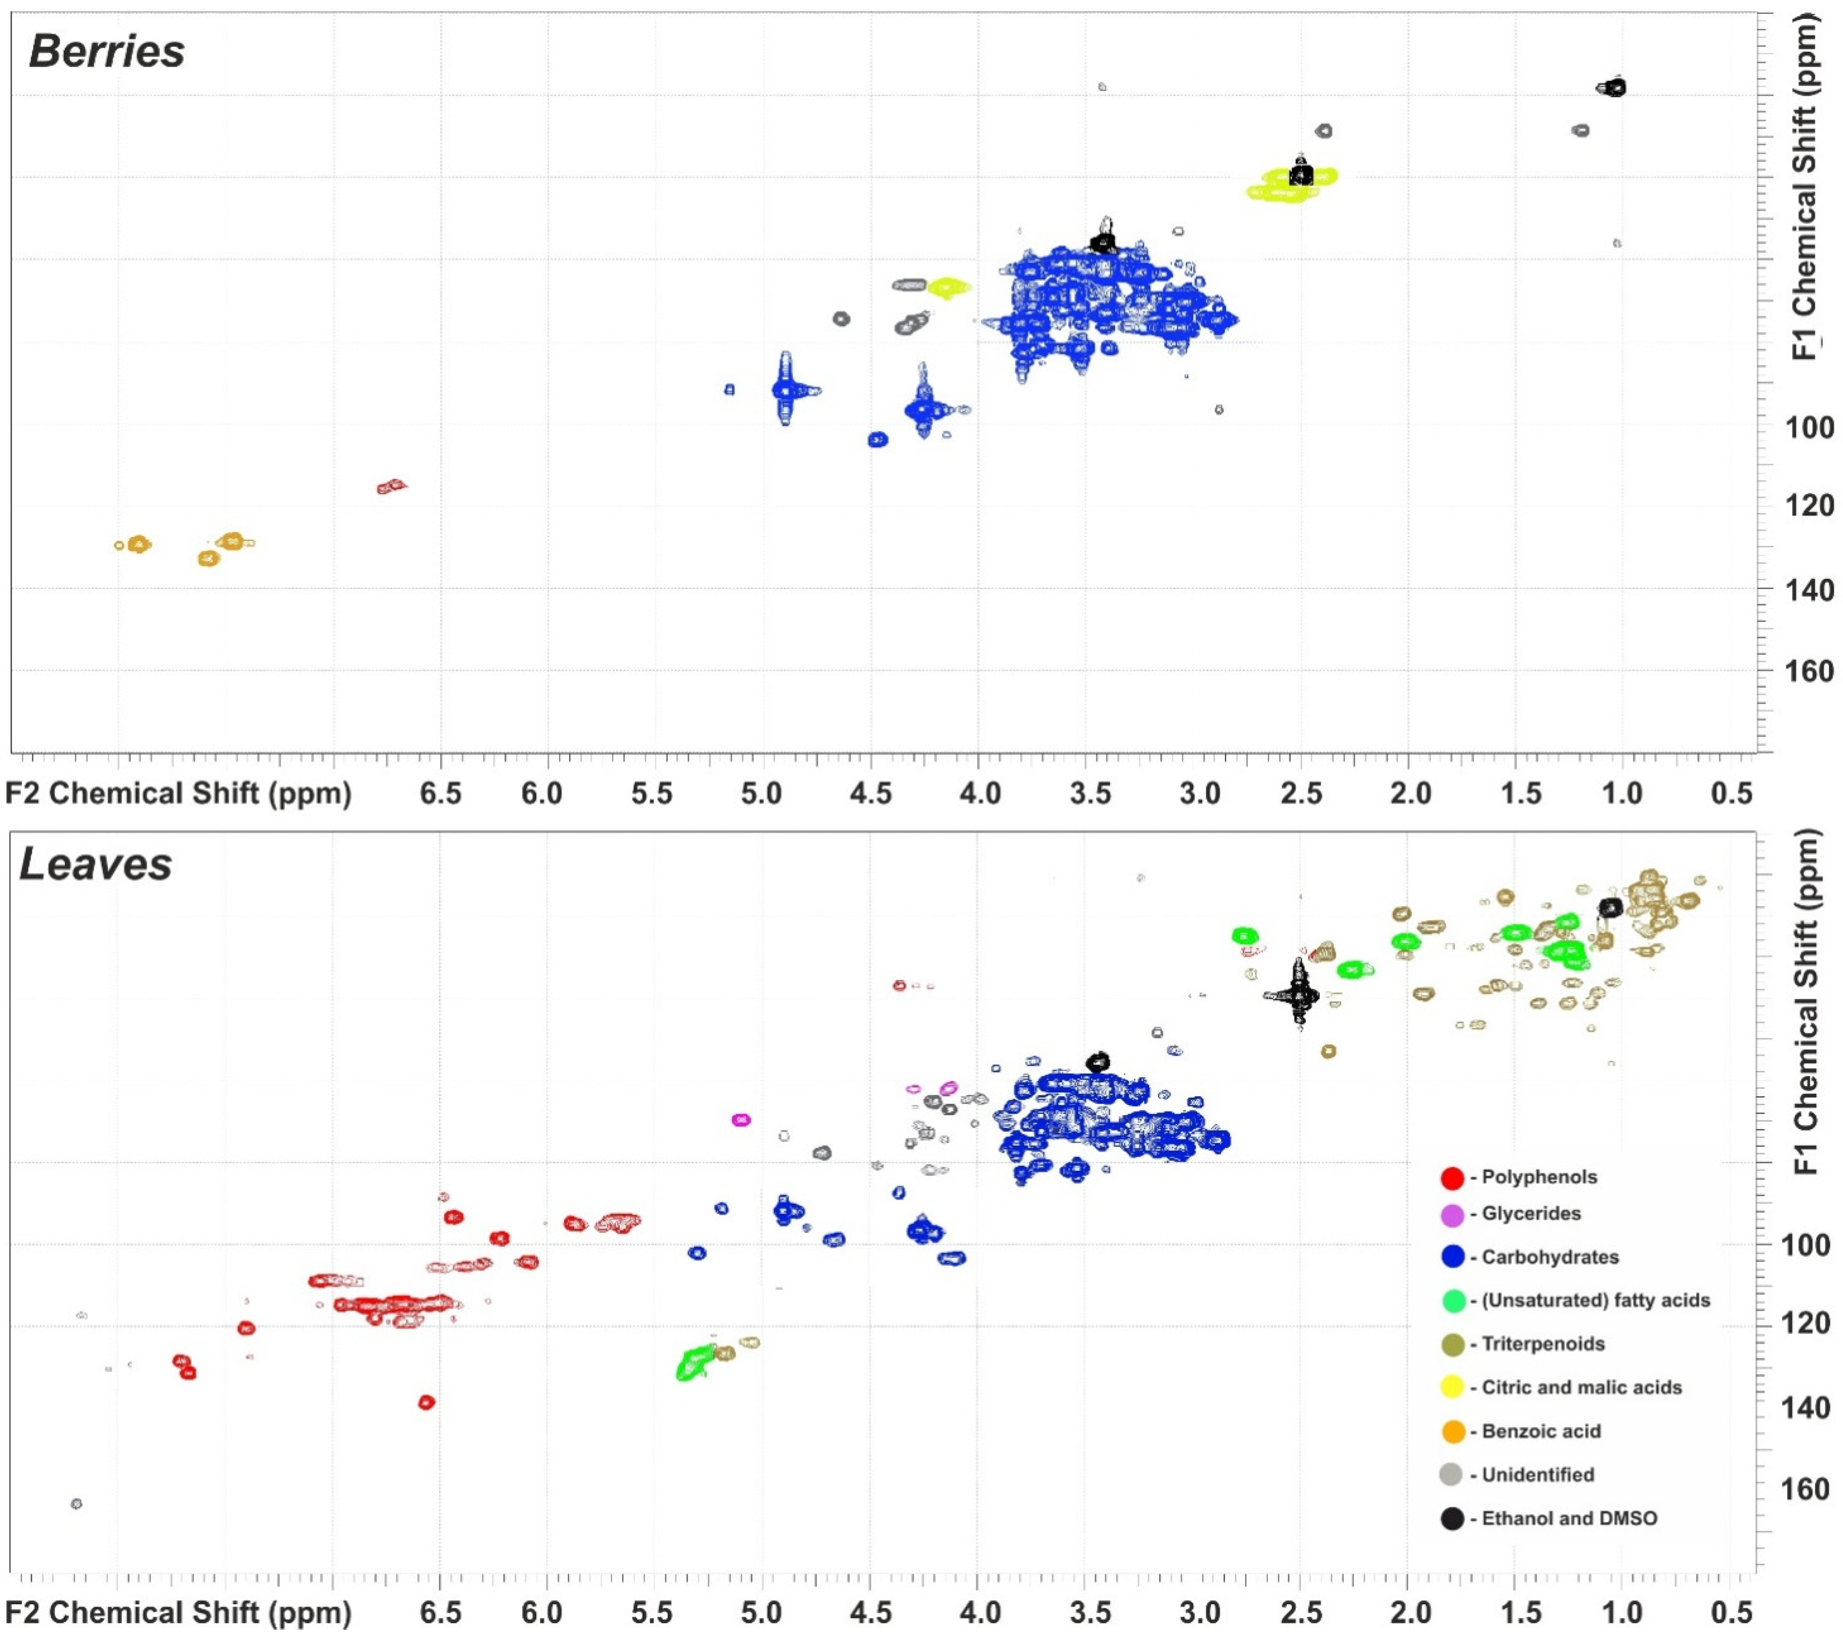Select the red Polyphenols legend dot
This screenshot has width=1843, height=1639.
coord(1452,1177)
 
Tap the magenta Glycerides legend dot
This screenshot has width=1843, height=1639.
coord(1452,1214)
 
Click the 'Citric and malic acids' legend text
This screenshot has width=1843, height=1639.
coord(1581,1388)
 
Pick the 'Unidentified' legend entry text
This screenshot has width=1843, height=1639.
coord(1537,1475)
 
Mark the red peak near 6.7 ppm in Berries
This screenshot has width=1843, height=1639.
coord(392,487)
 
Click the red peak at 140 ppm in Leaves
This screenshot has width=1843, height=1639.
coord(426,1402)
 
